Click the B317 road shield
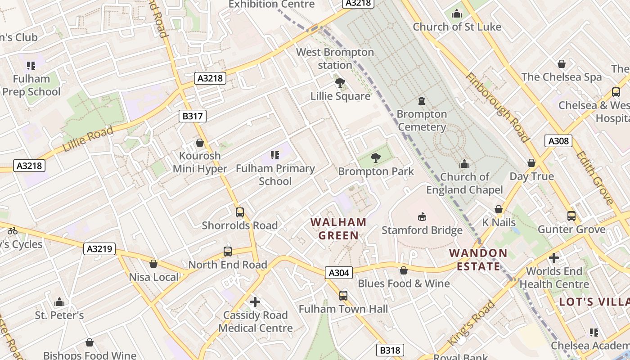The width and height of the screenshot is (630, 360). (x=192, y=116)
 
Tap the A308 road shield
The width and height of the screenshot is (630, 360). (x=558, y=141)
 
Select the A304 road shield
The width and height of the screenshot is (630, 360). (x=338, y=272)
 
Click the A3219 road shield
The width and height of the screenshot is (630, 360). (x=99, y=248)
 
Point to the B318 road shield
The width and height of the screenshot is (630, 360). (x=390, y=350)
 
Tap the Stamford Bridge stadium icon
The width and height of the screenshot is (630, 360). (x=422, y=217)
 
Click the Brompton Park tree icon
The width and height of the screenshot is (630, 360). (x=375, y=157)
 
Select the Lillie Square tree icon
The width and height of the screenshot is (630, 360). (x=340, y=82)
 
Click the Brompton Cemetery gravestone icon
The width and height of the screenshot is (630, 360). (x=422, y=100)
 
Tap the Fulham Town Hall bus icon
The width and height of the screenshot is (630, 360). (x=343, y=295)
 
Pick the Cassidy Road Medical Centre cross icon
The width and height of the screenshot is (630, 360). (x=255, y=301)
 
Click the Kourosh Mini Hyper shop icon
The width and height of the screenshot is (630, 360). (x=200, y=143)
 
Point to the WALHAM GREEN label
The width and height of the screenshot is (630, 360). (x=338, y=229)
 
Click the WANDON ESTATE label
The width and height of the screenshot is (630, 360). (x=478, y=260)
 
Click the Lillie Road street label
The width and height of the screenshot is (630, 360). (x=88, y=139)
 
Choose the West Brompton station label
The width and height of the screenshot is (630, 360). (x=335, y=58)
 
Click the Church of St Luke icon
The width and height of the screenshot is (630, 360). (x=457, y=14)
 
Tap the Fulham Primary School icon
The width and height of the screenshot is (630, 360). (x=275, y=155)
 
